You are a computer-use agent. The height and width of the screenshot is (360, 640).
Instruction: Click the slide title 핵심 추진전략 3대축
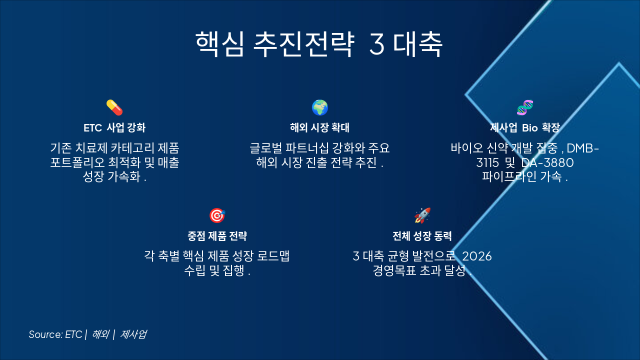click(319, 44)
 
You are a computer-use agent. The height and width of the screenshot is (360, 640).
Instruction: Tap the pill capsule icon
click(114, 107)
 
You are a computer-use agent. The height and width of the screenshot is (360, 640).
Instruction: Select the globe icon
click(320, 107)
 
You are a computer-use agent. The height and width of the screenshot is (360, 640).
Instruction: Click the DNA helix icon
click(525, 107)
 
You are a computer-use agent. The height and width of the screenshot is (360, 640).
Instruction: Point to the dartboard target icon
click(217, 215)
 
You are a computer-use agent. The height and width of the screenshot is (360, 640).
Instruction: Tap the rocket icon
click(422, 215)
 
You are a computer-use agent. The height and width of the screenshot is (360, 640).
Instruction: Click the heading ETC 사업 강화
click(114, 127)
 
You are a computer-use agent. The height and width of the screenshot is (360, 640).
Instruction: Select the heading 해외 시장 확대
click(320, 127)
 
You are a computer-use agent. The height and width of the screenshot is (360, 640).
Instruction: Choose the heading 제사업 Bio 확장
click(525, 127)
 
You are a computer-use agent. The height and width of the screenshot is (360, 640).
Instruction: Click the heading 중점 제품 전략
click(217, 236)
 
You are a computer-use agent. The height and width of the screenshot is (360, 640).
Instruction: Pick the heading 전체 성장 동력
click(422, 236)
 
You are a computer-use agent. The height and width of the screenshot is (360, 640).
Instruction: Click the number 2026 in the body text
click(477, 256)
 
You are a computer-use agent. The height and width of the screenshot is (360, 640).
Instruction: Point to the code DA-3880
click(547, 163)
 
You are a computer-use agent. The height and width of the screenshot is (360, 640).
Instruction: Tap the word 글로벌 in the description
click(265, 148)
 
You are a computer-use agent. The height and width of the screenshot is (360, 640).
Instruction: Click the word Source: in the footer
click(45, 334)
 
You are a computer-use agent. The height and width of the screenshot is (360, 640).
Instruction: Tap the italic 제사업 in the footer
click(133, 334)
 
